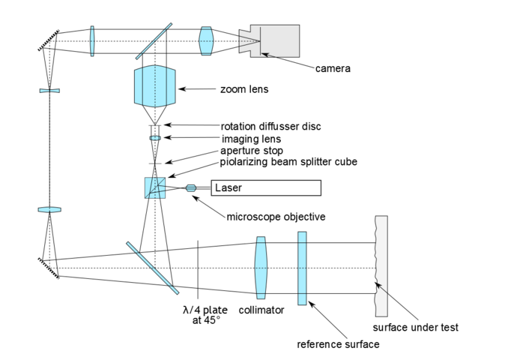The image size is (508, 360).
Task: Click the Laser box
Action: point(266,187)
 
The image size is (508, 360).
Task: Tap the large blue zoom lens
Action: point(156,86)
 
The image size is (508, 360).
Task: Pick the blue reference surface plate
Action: point(302,268)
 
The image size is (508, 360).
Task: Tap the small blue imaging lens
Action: point(155,139)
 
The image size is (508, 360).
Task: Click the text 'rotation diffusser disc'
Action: point(270,126)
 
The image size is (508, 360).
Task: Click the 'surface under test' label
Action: point(415,327)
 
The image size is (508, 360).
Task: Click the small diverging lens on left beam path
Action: point(49,91)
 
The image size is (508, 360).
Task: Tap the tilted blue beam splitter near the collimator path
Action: point(152,268)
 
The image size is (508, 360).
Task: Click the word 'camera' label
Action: point(333,68)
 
